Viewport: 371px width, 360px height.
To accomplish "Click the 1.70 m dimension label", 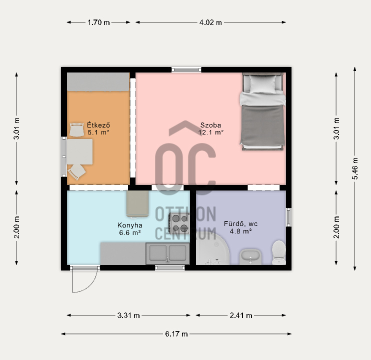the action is tap(98, 22).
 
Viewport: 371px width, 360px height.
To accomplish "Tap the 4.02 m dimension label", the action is tap(210, 22).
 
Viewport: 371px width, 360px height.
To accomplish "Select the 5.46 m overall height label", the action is tap(355, 168).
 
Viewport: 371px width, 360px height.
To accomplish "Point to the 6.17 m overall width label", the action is tap(176, 334).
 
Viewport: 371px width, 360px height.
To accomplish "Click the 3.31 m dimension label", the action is tap(128, 315).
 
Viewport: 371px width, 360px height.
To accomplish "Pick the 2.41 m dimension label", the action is tap(241, 315).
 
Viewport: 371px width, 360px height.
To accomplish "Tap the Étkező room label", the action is tap(98, 124).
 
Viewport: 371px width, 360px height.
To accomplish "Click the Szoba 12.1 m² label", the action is tap(210, 128).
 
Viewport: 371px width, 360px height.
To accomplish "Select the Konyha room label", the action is tap(130, 225).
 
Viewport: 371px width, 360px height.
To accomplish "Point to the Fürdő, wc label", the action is tap(240, 223).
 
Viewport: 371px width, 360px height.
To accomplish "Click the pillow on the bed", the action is tap(263, 84).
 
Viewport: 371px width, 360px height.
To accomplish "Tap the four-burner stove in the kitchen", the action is tap(179, 223).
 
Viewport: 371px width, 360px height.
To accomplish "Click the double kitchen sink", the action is tap(168, 253).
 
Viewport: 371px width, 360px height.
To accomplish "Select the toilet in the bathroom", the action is tap(278, 252).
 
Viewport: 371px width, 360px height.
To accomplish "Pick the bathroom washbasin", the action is tap(250, 256).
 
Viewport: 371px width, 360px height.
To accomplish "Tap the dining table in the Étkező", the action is tap(79, 151).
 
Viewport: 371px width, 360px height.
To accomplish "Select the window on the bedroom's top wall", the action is tap(186, 69).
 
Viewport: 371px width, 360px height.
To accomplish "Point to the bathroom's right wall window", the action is tap(288, 217).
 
